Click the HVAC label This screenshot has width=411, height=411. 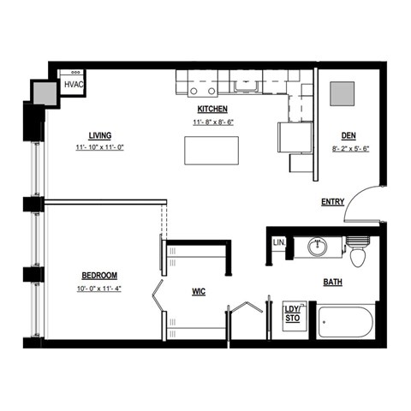coord(73,84)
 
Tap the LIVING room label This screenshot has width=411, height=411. coord(101,134)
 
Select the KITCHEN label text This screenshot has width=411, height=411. coord(212,109)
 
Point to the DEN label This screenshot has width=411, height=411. coord(348,135)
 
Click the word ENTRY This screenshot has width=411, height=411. coord(332,202)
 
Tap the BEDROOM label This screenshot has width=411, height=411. coord(99,275)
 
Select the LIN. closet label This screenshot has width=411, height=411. coord(278,243)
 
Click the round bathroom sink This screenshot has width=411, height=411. coord(318,247)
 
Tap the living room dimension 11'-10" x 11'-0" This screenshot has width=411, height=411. coord(101,147)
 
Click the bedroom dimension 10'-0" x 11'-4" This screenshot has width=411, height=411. coord(99,288)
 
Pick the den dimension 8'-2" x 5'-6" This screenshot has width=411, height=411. coord(348,148)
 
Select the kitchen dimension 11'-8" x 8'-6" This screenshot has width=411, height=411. coord(212,122)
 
